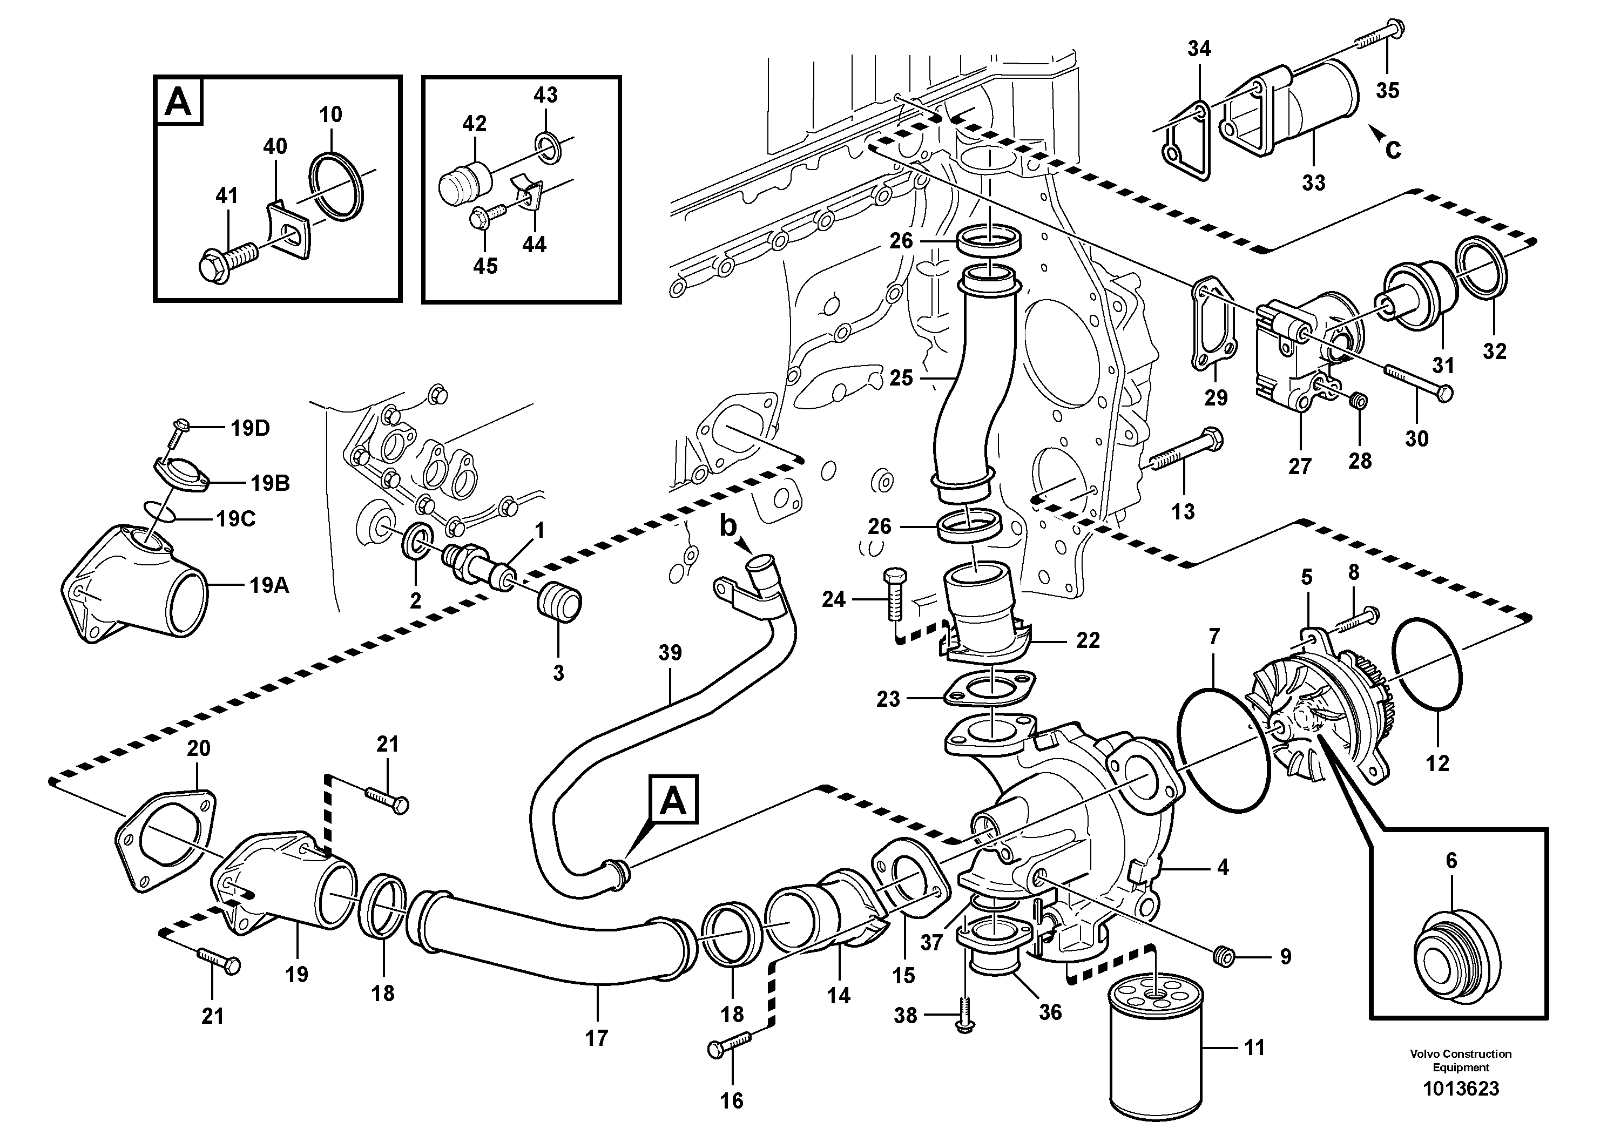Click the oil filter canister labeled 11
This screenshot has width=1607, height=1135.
[x=1155, y=1050]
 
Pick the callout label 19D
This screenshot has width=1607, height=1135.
[x=250, y=428]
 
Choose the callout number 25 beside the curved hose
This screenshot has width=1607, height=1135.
[x=901, y=379]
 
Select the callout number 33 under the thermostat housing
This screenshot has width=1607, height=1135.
[x=1313, y=184]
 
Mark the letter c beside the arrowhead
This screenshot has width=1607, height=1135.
[x=1393, y=150]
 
